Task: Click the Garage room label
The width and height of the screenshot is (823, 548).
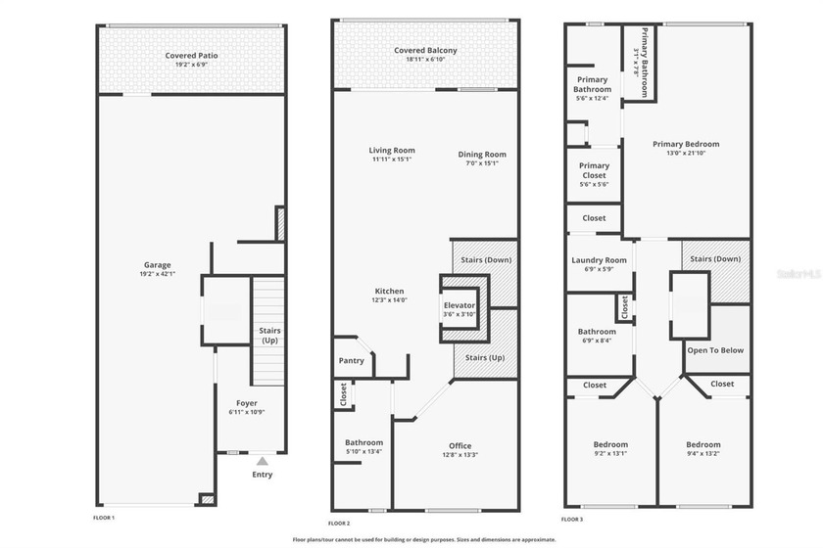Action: point(158,265)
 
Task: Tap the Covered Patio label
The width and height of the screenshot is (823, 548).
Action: point(192,56)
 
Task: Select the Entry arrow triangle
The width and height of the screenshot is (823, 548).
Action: point(262,461)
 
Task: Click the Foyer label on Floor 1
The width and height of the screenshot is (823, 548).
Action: point(247,402)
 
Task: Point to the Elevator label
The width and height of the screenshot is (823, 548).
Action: point(460,305)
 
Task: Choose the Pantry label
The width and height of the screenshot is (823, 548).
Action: point(351,360)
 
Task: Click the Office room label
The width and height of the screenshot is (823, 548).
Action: point(460,445)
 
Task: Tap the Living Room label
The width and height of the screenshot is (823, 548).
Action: point(392,151)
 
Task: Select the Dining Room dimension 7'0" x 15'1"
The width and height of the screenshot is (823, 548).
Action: point(482,163)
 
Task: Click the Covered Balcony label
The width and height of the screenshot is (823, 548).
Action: point(425,50)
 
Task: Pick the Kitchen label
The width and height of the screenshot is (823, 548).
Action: point(390,291)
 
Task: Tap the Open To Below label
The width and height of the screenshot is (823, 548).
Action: point(715,349)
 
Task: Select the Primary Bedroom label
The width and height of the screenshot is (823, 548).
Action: point(686,144)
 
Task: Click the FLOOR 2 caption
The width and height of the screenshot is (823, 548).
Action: point(340,524)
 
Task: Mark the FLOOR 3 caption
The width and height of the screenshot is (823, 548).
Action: point(572,519)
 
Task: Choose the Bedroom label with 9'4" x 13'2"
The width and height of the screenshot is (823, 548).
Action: point(702,444)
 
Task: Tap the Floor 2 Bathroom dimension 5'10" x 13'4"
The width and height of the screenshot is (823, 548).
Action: point(363,453)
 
